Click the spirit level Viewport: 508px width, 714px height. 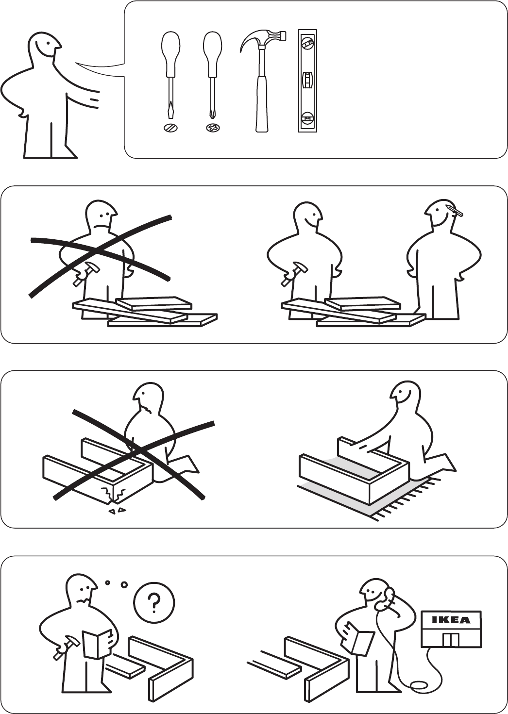pos(308,81)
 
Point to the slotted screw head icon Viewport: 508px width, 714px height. pos(170,128)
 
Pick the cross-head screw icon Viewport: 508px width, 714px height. pos(213,128)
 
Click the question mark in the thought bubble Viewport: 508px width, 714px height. pos(154,601)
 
